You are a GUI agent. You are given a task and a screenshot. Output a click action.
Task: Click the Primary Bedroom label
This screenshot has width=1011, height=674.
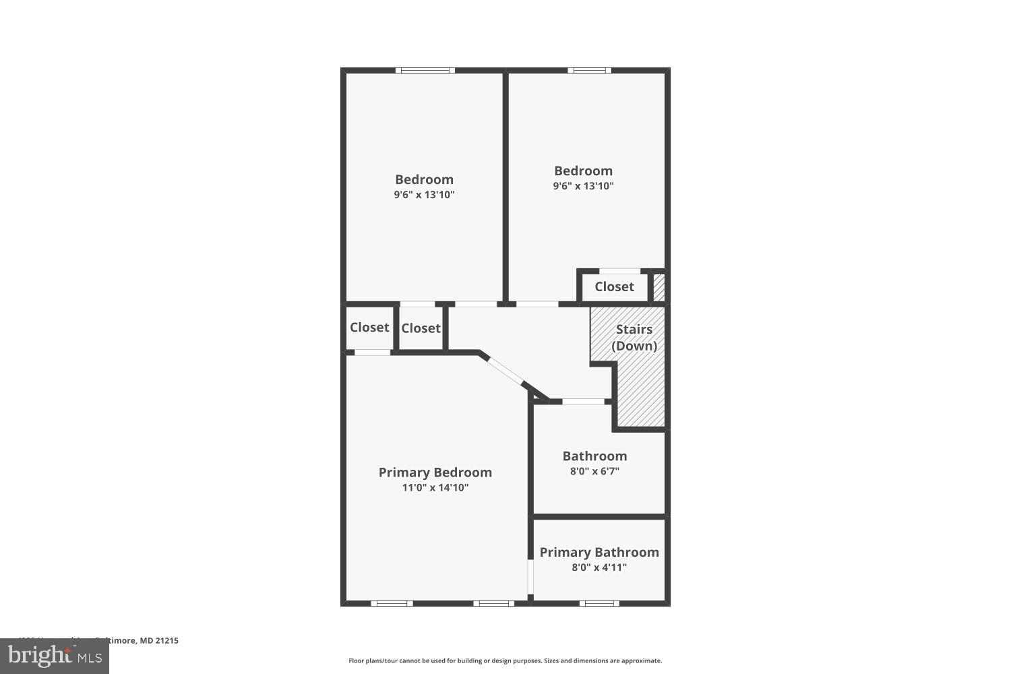point(435,472)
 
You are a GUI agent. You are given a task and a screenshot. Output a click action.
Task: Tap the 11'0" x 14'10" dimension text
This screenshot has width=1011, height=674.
point(435,488)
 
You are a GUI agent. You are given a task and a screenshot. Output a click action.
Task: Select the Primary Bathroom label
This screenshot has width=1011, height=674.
point(599,552)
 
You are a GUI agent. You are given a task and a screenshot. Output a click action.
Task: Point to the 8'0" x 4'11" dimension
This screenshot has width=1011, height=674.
point(599,568)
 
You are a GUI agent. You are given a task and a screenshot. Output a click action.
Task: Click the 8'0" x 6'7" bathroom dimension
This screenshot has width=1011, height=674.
point(594,471)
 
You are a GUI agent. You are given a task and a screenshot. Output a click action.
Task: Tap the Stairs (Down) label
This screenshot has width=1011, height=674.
point(634,337)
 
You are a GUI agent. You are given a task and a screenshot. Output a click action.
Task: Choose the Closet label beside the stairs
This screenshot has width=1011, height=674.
point(614,286)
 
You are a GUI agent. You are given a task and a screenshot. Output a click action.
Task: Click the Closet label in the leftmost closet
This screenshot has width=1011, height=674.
point(369,327)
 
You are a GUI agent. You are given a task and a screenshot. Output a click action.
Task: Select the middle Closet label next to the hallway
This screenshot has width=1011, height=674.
point(421,328)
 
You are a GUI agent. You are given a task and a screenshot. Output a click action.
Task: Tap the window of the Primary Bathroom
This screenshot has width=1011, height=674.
point(599,603)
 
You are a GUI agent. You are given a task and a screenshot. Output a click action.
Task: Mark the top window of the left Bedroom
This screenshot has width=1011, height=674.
point(425,70)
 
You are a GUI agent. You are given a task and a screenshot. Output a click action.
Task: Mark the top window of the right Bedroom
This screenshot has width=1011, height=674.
point(589,70)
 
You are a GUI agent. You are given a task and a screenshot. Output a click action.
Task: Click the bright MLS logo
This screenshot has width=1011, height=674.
point(55,656)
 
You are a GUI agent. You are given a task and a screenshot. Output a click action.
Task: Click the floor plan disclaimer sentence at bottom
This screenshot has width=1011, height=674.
point(505,661)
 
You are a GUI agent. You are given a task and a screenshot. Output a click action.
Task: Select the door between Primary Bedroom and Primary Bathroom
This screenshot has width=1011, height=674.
point(530,576)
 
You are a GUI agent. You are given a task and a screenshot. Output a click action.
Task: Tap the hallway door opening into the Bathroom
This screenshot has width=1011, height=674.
point(583,402)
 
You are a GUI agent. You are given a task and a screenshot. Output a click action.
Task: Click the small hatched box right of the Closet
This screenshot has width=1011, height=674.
point(659,287)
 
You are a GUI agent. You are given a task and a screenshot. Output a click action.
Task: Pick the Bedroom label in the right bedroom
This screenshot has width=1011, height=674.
point(583,171)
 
